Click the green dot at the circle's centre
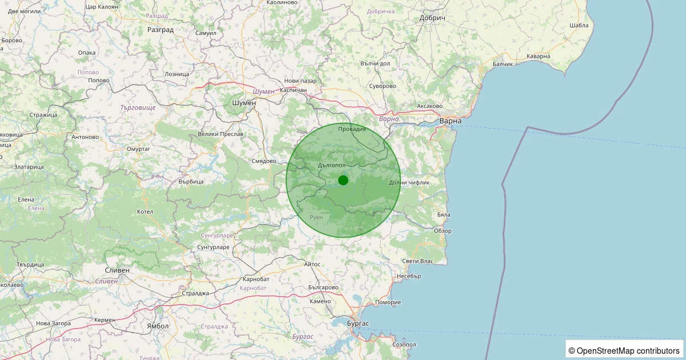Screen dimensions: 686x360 [343, 180]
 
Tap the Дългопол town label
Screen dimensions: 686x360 [332, 165]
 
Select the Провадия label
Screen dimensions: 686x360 [352, 129]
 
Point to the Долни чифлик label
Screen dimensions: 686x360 [409, 182]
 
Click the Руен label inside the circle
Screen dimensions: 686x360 [316, 218]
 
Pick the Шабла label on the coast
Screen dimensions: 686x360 [579, 25]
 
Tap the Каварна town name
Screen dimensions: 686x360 [538, 56]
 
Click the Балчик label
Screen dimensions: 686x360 [503, 63]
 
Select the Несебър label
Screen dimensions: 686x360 [409, 276]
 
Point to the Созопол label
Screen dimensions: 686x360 [404, 345]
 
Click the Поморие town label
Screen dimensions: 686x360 [388, 302]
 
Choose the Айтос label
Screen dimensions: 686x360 [313, 265]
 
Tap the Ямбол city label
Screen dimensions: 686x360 [158, 326]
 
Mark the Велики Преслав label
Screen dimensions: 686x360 [220, 134]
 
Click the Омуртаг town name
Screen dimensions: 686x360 [138, 149]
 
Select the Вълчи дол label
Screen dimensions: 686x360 [375, 63]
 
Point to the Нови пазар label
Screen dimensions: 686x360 [300, 81]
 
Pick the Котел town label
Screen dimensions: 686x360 [145, 211]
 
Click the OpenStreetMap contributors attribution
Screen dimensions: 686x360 [625, 350]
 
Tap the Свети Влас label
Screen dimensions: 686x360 [417, 261]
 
